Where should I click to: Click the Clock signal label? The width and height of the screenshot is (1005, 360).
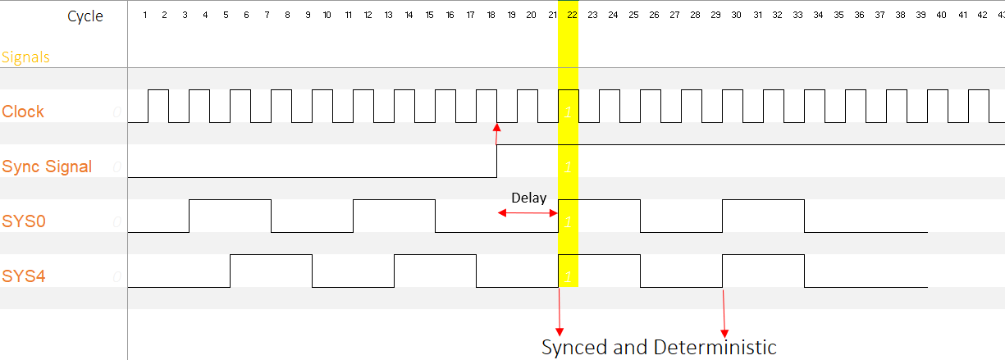pos(23,112)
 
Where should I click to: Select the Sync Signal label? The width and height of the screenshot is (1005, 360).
pos(47,166)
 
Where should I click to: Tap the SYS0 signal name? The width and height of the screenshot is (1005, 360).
pos(24,221)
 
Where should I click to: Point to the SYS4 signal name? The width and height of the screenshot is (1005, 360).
pos(24,276)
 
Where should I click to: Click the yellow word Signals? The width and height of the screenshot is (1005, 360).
pos(25,57)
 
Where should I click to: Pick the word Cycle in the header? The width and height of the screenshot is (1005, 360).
pos(85,16)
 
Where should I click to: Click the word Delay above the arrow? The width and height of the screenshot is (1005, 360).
pos(528,198)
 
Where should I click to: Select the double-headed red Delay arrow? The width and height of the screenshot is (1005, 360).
pos(528,213)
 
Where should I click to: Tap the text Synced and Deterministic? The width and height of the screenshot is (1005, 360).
pos(659,347)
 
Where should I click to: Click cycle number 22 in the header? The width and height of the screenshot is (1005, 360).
pos(572,14)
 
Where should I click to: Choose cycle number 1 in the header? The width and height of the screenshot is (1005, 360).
pos(144,14)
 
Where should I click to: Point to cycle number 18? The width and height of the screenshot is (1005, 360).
pos(491,14)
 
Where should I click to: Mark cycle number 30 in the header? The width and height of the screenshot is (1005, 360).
pos(736,14)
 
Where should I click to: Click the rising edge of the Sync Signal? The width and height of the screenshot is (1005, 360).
pos(497,161)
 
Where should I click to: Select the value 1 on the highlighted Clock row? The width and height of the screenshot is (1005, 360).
pos(569,112)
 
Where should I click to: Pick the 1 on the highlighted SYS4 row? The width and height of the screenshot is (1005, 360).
pos(569,276)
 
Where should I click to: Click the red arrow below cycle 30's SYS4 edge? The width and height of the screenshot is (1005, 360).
pos(724,312)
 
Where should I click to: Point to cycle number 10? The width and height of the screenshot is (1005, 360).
pos(327,14)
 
